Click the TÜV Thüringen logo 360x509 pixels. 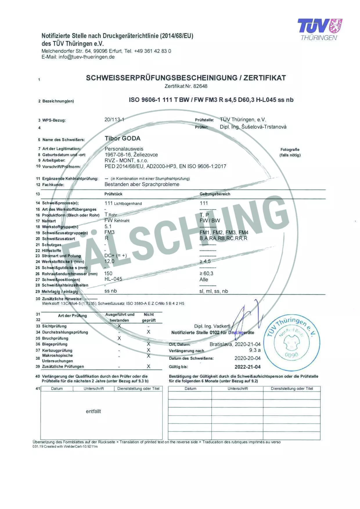pyautogui.click(x=320, y=29)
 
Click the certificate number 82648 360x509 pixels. pyautogui.click(x=200, y=86)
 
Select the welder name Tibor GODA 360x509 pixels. pyautogui.click(x=123, y=139)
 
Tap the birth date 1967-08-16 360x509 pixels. pyautogui.click(x=118, y=155)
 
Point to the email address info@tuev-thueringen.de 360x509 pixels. pyautogui.click(x=87, y=57)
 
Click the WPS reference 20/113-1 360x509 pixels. pyautogui.click(x=114, y=120)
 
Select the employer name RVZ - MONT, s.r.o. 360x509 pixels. pyautogui.click(x=126, y=161)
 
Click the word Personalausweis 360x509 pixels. pyautogui.click(x=124, y=149)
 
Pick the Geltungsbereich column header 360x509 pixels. pyautogui.click(x=215, y=194)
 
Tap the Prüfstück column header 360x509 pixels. pyautogui.click(x=113, y=194)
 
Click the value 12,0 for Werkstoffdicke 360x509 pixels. pyautogui.click(x=109, y=262)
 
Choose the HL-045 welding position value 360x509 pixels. pyautogui.click(x=113, y=279)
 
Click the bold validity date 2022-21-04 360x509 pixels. pyautogui.click(x=247, y=367)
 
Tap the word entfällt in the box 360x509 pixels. pyautogui.click(x=93, y=411)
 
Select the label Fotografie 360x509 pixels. pyautogui.click(x=290, y=150)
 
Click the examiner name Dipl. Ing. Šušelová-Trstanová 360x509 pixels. pyautogui.click(x=253, y=127)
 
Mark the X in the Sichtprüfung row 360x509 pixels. pyautogui.click(x=119, y=326)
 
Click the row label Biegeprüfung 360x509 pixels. pyautogui.click(x=55, y=344)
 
